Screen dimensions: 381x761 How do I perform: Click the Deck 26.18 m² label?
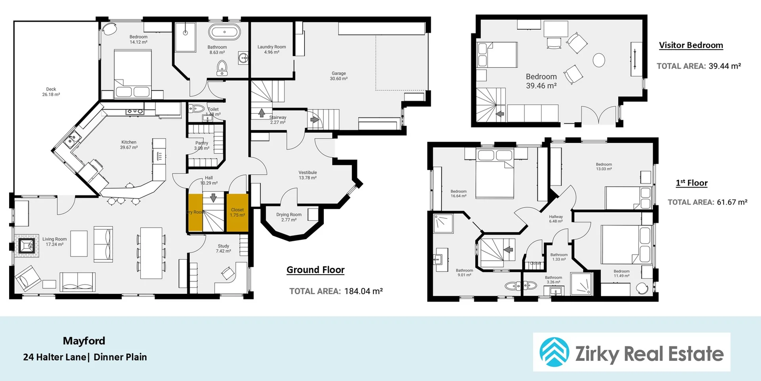51,92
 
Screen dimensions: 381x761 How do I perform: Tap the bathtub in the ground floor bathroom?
224,32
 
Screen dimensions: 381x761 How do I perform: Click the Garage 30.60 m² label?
338,76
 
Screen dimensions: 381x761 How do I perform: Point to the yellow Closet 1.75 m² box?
237,212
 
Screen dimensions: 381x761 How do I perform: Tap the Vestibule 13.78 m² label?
308,175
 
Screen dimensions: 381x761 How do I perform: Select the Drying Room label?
289,217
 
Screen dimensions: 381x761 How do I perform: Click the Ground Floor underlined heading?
315,270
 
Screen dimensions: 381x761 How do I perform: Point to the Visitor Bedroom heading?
691,45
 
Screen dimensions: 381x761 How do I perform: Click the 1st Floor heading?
692,183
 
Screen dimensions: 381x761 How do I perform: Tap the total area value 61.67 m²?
732,202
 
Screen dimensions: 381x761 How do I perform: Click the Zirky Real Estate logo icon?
554,352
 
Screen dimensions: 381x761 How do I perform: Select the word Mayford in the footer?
84,341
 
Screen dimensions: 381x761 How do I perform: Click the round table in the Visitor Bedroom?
598,60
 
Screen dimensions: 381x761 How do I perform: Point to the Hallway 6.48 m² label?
556,219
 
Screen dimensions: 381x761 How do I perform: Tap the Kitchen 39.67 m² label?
129,144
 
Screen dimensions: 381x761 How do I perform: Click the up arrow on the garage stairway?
262,113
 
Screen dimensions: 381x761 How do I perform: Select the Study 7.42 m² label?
223,248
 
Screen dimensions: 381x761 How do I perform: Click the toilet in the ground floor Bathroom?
222,68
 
